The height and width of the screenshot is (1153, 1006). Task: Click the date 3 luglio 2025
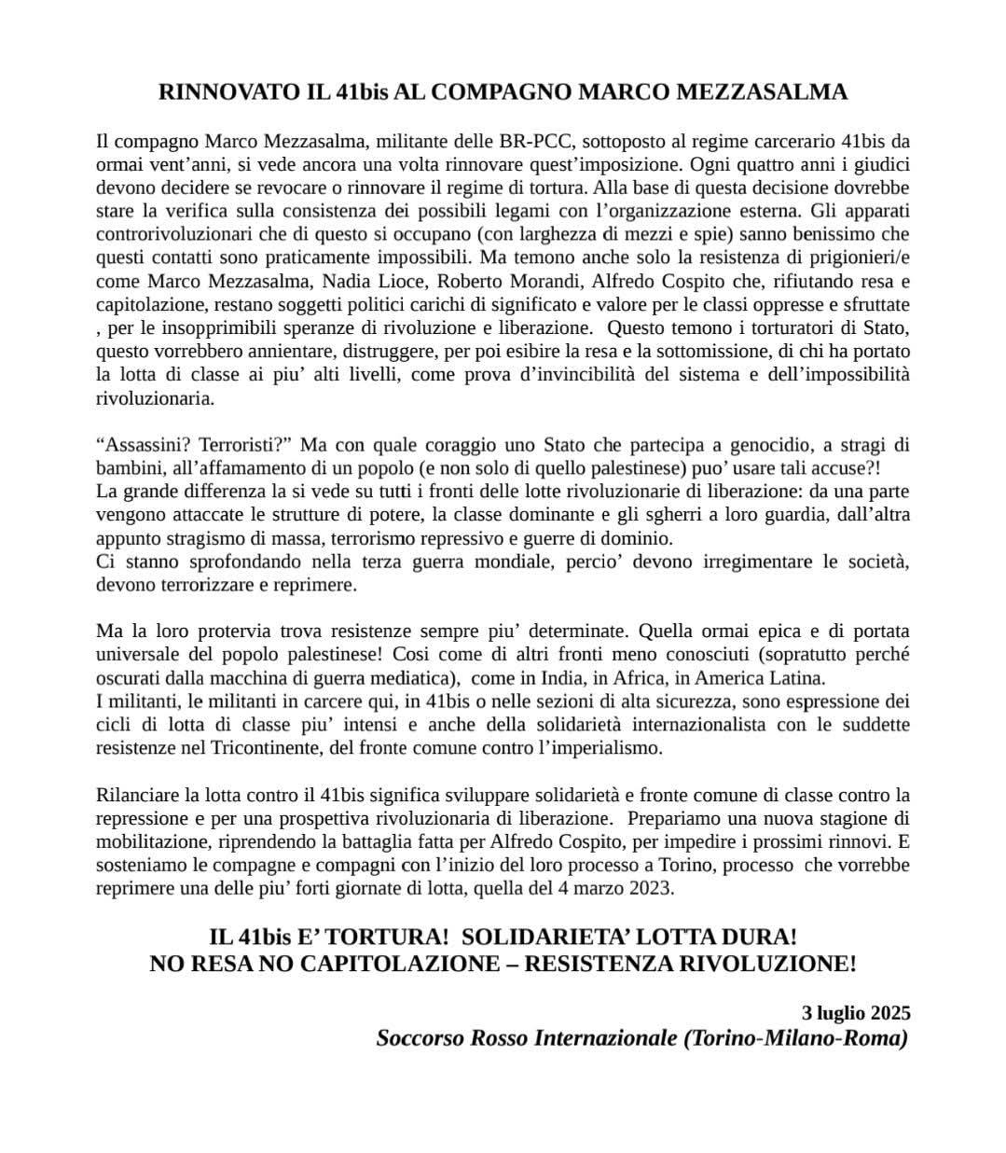[x=856, y=1012]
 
